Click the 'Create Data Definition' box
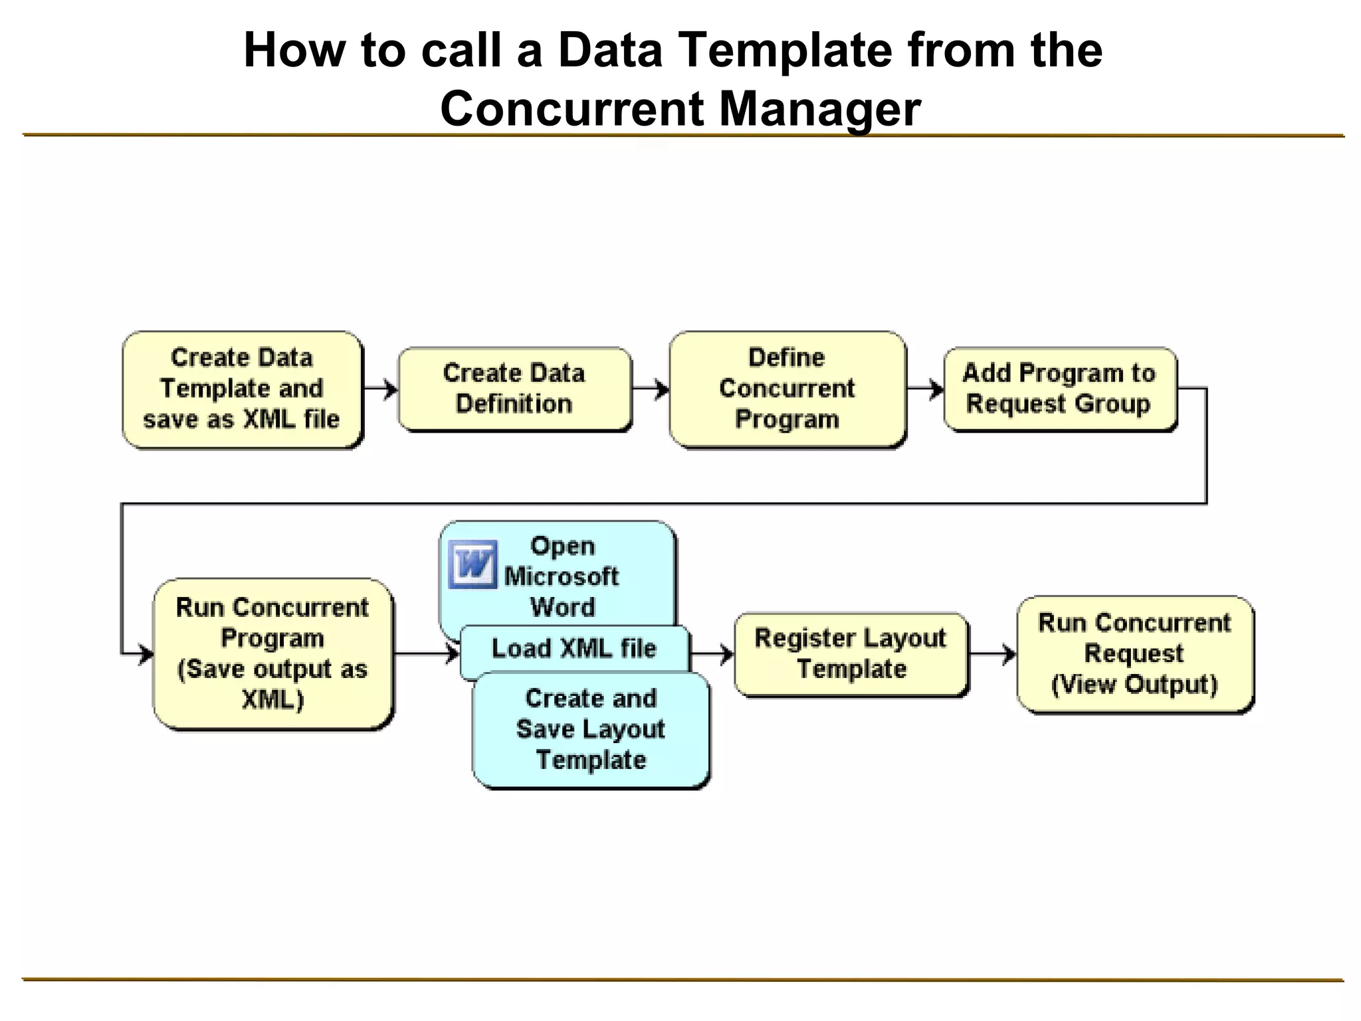[514, 389]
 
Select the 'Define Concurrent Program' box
[787, 389]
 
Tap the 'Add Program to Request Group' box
[1059, 389]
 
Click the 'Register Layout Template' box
[851, 654]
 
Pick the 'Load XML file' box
[574, 649]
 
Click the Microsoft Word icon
[472, 564]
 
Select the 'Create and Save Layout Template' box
[590, 729]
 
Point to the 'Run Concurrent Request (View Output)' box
[1134, 654]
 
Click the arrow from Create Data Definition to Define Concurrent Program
[651, 389]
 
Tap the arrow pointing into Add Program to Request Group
[926, 389]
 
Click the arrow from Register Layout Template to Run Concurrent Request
[993, 654]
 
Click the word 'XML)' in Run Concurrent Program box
[272, 700]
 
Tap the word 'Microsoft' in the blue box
[562, 576]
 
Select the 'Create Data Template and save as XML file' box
[242, 389]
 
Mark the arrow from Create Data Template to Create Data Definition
[381, 389]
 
